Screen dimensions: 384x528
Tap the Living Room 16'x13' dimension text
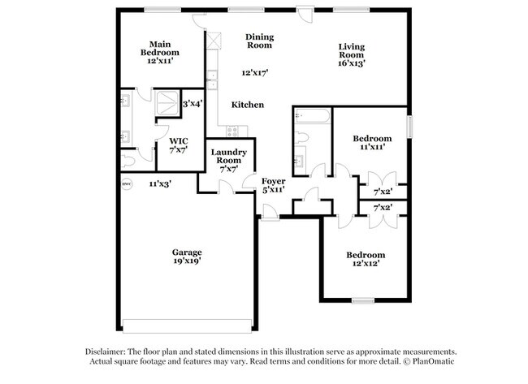click(x=352, y=63)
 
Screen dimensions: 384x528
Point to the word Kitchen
click(x=248, y=105)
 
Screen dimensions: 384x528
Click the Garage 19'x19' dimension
click(x=186, y=261)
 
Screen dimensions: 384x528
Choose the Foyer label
click(x=274, y=180)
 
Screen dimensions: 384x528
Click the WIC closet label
click(x=179, y=140)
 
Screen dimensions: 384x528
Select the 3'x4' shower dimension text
click(x=192, y=103)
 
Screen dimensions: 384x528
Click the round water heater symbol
click(x=126, y=184)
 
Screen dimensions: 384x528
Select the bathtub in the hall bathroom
click(x=313, y=116)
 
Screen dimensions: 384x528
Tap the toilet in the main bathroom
click(x=128, y=161)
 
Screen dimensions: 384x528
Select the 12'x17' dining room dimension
click(x=253, y=72)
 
